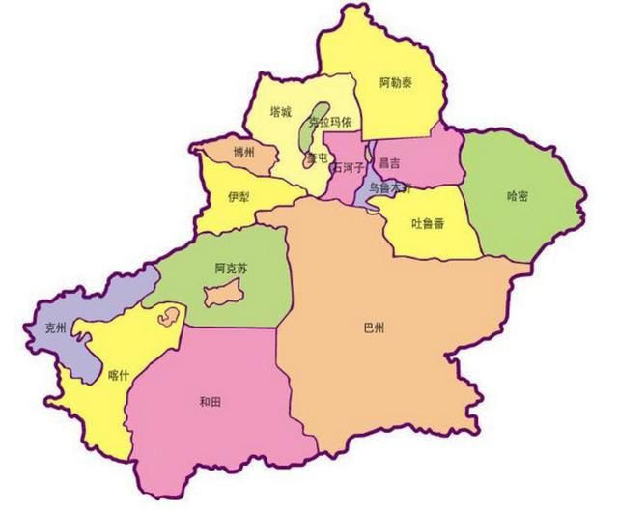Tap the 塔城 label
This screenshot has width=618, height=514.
click(x=281, y=111)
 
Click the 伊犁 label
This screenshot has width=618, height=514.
click(x=239, y=196)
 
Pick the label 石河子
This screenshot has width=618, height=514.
click(x=347, y=168)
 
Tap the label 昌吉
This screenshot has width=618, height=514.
click(x=391, y=163)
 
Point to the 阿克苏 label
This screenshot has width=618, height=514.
click(x=232, y=270)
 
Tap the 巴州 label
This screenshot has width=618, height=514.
click(x=373, y=329)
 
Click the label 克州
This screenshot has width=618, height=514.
click(x=56, y=328)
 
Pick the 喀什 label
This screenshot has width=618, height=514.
click(x=118, y=375)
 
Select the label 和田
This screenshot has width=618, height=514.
click(x=211, y=399)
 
